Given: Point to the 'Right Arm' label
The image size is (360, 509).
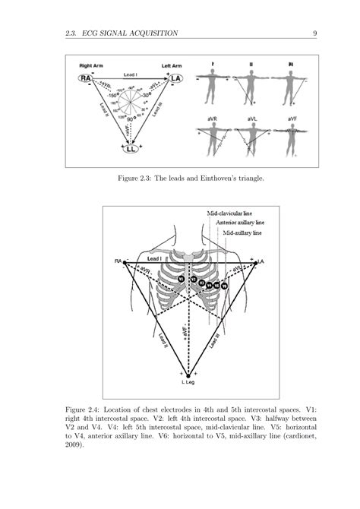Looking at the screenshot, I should click(86, 66).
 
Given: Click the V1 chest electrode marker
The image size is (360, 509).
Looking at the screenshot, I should click(181, 279).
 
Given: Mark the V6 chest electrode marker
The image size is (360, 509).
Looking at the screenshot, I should click(225, 286).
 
